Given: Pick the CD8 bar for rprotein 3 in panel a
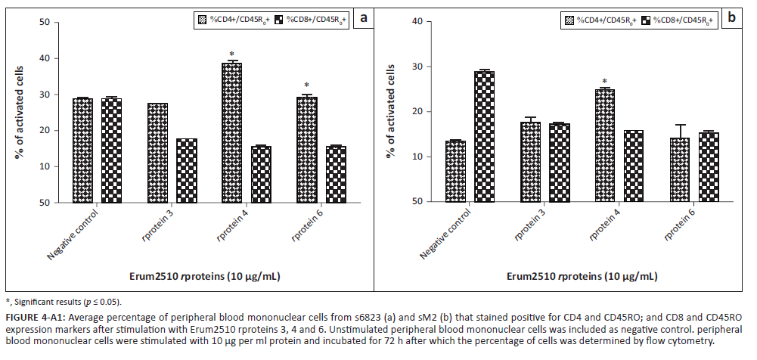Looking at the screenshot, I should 187,170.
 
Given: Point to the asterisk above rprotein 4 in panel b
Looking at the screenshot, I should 604,82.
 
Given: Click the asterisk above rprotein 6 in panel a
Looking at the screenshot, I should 306,85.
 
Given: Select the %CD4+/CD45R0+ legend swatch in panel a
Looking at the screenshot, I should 201,18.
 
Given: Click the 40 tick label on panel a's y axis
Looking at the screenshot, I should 45,58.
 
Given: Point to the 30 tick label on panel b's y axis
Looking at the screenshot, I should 416,67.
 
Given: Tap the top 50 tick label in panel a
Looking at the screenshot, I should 45,22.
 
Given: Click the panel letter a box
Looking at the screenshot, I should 364,17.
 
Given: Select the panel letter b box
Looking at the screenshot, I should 732,17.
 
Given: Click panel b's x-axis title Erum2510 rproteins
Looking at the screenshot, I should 582,277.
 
